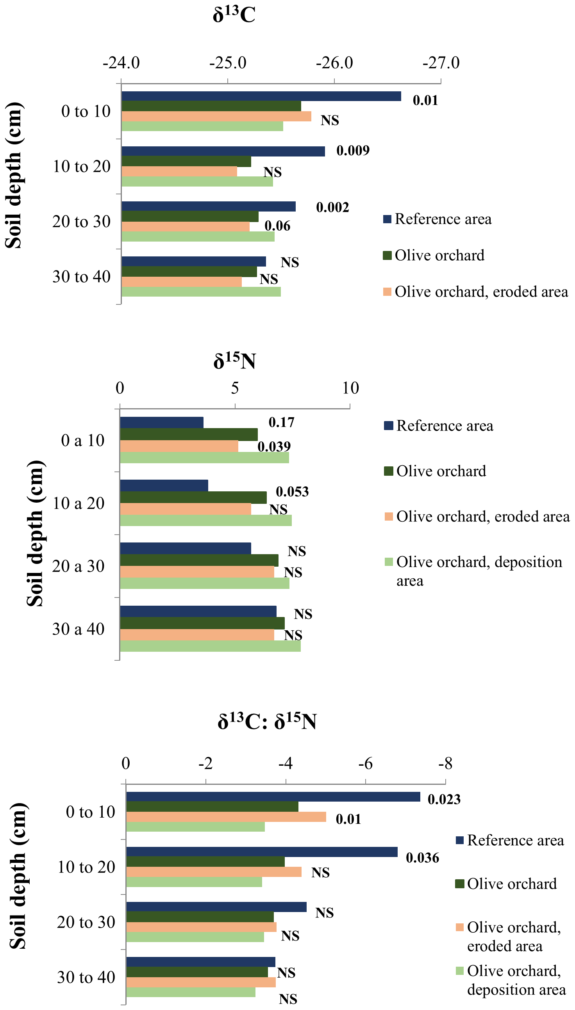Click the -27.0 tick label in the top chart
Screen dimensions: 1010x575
point(441,63)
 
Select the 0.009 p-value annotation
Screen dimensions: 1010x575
point(353,150)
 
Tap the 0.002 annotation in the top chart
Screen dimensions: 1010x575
point(332,207)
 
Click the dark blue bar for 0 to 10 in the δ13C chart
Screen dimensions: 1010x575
point(261,96)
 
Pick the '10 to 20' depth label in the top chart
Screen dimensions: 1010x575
point(82,167)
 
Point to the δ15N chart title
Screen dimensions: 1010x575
point(235,360)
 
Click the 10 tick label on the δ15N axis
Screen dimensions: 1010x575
point(350,388)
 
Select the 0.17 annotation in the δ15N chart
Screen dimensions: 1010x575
point(281,422)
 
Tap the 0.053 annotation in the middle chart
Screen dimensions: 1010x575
point(292,492)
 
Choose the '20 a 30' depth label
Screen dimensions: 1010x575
point(78,566)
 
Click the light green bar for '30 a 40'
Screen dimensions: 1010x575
point(210,646)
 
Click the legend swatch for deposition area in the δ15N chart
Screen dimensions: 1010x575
point(389,562)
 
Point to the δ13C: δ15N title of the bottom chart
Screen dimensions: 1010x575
point(267,721)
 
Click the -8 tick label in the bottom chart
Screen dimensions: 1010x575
point(445,764)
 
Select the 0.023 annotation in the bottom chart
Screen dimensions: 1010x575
point(444,799)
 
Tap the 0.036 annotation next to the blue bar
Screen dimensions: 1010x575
point(422,858)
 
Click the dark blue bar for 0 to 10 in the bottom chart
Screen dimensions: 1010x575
point(273,797)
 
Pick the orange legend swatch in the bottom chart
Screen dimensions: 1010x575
point(459,927)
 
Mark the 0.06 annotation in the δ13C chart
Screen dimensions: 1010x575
point(277,226)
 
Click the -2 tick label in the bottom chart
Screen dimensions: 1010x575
point(205,764)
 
